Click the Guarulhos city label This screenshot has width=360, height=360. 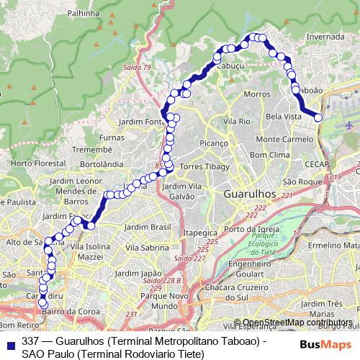251,194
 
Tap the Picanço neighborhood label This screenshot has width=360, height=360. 214,143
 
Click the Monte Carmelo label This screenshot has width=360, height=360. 284,138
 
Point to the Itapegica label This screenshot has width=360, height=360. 200,233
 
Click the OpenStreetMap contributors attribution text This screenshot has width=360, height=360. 297,322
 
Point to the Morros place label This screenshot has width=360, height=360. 256,94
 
